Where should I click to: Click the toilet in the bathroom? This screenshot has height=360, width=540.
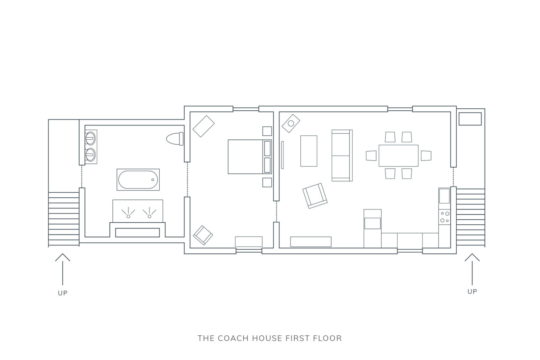[175, 139]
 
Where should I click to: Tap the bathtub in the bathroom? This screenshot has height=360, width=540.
[138, 179]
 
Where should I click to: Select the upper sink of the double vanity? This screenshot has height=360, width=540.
[91, 138]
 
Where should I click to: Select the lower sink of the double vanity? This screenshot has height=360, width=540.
[91, 155]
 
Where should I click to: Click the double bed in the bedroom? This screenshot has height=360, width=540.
[250, 157]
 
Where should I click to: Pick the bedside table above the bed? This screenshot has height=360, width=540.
[267, 131]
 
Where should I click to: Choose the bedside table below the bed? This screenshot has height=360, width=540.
[267, 183]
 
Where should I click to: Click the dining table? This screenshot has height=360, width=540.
[399, 156]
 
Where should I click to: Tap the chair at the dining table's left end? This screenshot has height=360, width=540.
[371, 156]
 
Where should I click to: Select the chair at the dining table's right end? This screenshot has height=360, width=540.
[426, 156]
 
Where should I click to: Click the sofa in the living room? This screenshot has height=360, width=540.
[342, 156]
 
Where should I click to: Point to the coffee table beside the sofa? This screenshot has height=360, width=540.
[308, 151]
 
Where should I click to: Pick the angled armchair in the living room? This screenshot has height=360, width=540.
[315, 196]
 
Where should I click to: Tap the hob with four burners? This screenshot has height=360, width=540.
[444, 217]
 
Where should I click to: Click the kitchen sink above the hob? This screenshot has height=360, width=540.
[444, 196]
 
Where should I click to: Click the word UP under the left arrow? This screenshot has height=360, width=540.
[63, 293]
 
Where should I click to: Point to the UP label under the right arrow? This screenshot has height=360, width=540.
[472, 292]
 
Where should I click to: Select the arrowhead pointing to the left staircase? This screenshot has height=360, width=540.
[63, 257]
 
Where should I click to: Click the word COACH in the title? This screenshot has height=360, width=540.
[233, 338]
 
